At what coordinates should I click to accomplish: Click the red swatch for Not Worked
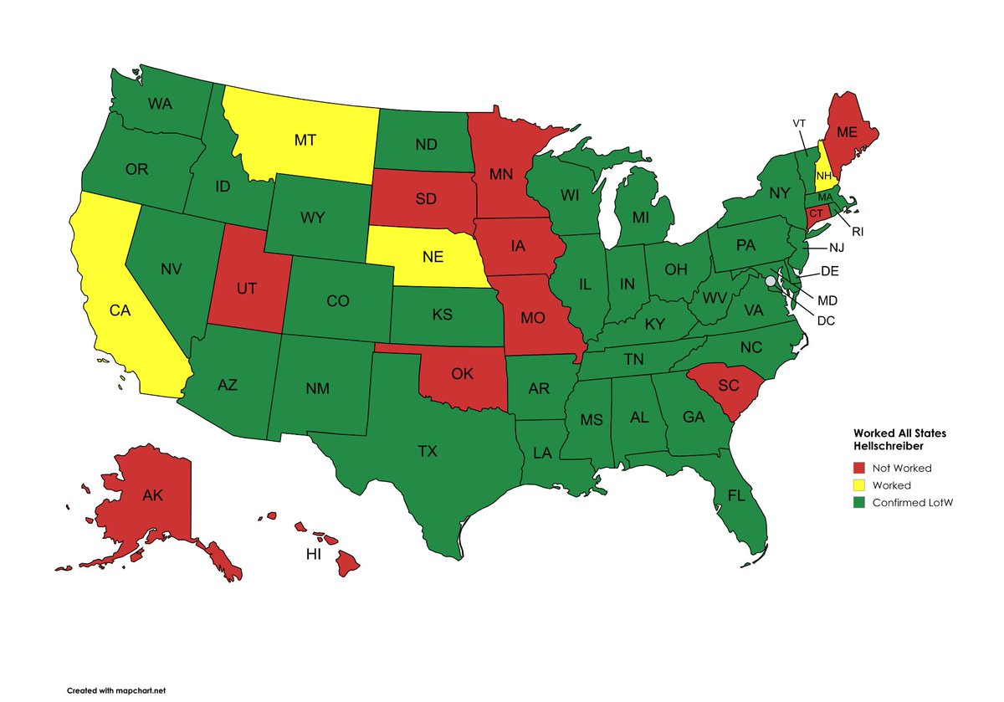[859, 469]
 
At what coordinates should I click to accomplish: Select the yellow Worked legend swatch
[859, 485]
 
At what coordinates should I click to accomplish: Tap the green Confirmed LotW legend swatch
[859, 503]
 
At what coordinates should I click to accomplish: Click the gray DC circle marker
[771, 282]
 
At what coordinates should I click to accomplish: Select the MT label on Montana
[305, 140]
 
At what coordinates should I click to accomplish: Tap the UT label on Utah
[246, 287]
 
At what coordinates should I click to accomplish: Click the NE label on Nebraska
[432, 258]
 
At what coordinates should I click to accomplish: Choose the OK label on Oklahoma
[463, 373]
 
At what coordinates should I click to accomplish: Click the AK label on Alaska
[152, 495]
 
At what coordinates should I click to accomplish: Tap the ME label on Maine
[847, 131]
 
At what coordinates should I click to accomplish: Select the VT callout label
[799, 123]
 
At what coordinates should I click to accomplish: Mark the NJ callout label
[837, 248]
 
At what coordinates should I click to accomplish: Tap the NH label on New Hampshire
[824, 176]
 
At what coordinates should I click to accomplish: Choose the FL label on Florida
[735, 495]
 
